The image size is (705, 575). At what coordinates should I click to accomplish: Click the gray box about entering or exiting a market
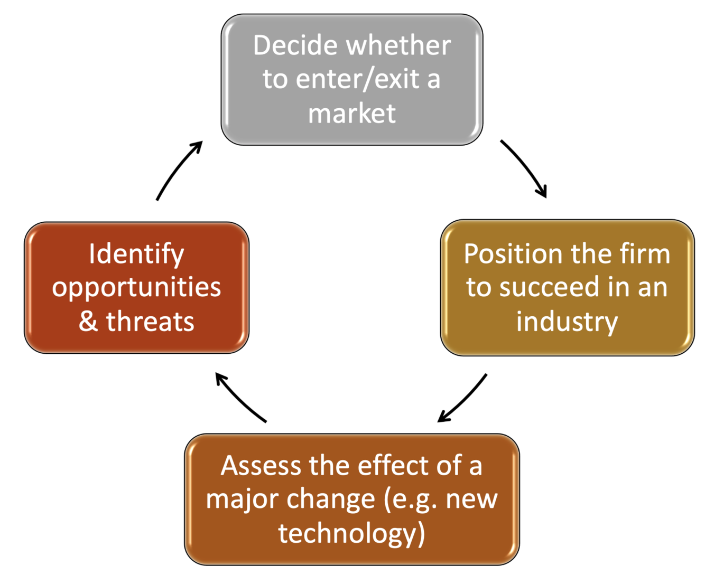351,79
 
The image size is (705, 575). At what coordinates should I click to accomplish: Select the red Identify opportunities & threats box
136,288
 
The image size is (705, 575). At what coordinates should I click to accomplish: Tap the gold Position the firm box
567,288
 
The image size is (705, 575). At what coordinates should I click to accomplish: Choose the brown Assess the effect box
351,499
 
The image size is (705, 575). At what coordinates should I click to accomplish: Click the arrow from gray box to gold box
525,168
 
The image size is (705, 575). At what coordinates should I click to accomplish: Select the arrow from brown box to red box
240,398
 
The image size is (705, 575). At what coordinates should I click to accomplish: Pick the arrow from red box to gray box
178,169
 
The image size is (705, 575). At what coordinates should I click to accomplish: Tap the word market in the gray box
352,114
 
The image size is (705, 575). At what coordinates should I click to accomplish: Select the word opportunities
136,288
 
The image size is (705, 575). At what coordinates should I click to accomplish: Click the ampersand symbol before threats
88,322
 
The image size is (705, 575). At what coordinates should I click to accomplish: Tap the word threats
150,322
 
